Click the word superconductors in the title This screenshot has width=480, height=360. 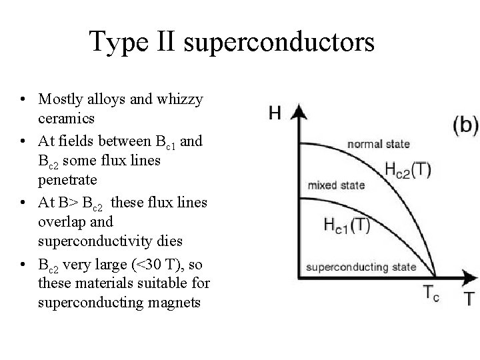(x=278, y=43)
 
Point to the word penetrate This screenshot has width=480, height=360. (x=67, y=179)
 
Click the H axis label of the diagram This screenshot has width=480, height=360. (x=274, y=113)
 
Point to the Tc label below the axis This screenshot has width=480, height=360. (x=431, y=294)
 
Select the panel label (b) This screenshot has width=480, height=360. (x=465, y=125)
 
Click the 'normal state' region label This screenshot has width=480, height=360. (x=378, y=144)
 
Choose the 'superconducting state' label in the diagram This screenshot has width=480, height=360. (x=361, y=267)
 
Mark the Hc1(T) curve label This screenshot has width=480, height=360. (x=347, y=225)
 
